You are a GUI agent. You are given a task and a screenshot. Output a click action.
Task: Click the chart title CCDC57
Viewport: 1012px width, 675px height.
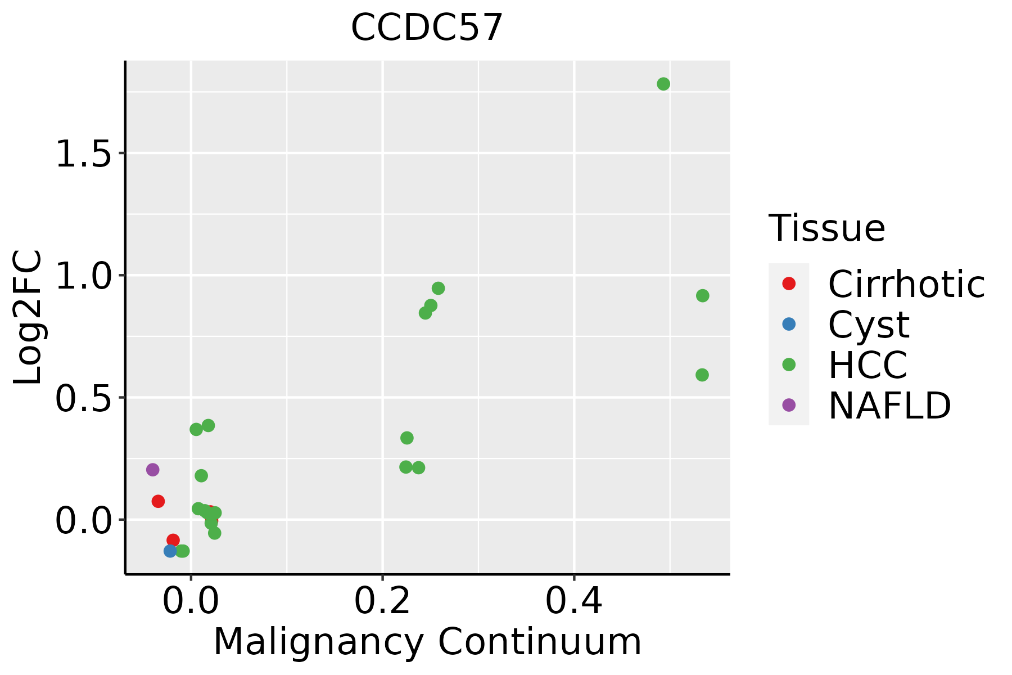(427, 27)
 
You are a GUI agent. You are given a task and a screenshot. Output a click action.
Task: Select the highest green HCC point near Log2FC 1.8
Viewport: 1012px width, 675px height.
(663, 84)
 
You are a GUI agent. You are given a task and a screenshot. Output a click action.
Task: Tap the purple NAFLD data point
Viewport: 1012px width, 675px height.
(152, 470)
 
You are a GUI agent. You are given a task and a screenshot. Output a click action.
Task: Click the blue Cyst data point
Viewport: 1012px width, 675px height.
(170, 551)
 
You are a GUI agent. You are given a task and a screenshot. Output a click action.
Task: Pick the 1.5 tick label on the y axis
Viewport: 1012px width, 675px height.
(84, 154)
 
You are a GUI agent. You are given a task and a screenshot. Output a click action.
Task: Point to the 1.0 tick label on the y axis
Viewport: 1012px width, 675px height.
(84, 276)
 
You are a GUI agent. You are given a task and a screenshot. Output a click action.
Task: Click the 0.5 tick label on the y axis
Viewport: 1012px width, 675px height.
(84, 398)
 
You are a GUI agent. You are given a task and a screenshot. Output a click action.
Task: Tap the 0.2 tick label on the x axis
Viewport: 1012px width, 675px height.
(382, 601)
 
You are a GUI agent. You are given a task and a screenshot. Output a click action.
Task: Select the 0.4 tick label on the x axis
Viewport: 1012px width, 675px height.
(574, 601)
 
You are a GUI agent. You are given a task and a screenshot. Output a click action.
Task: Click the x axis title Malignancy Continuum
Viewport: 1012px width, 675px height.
(427, 642)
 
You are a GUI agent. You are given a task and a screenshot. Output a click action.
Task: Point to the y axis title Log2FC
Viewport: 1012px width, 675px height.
(28, 317)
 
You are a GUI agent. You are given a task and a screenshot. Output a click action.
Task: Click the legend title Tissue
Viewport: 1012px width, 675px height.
(827, 228)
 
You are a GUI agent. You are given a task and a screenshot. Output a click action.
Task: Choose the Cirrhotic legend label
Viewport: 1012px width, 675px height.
(906, 284)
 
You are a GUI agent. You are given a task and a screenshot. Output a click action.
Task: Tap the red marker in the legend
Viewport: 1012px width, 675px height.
(789, 283)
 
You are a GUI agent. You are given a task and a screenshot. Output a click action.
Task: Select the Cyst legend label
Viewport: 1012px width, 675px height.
(869, 325)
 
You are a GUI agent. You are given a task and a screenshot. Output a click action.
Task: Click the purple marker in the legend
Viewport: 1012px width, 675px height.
(789, 404)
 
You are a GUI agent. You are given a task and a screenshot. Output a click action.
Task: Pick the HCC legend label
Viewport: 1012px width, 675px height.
(868, 364)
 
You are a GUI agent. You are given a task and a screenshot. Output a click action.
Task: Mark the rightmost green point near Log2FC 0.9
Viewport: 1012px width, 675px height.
(703, 295)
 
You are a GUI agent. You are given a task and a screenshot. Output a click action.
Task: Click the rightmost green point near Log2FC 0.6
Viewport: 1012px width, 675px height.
(702, 375)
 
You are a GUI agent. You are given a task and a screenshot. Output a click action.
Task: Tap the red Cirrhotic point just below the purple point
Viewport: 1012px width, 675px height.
(158, 501)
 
